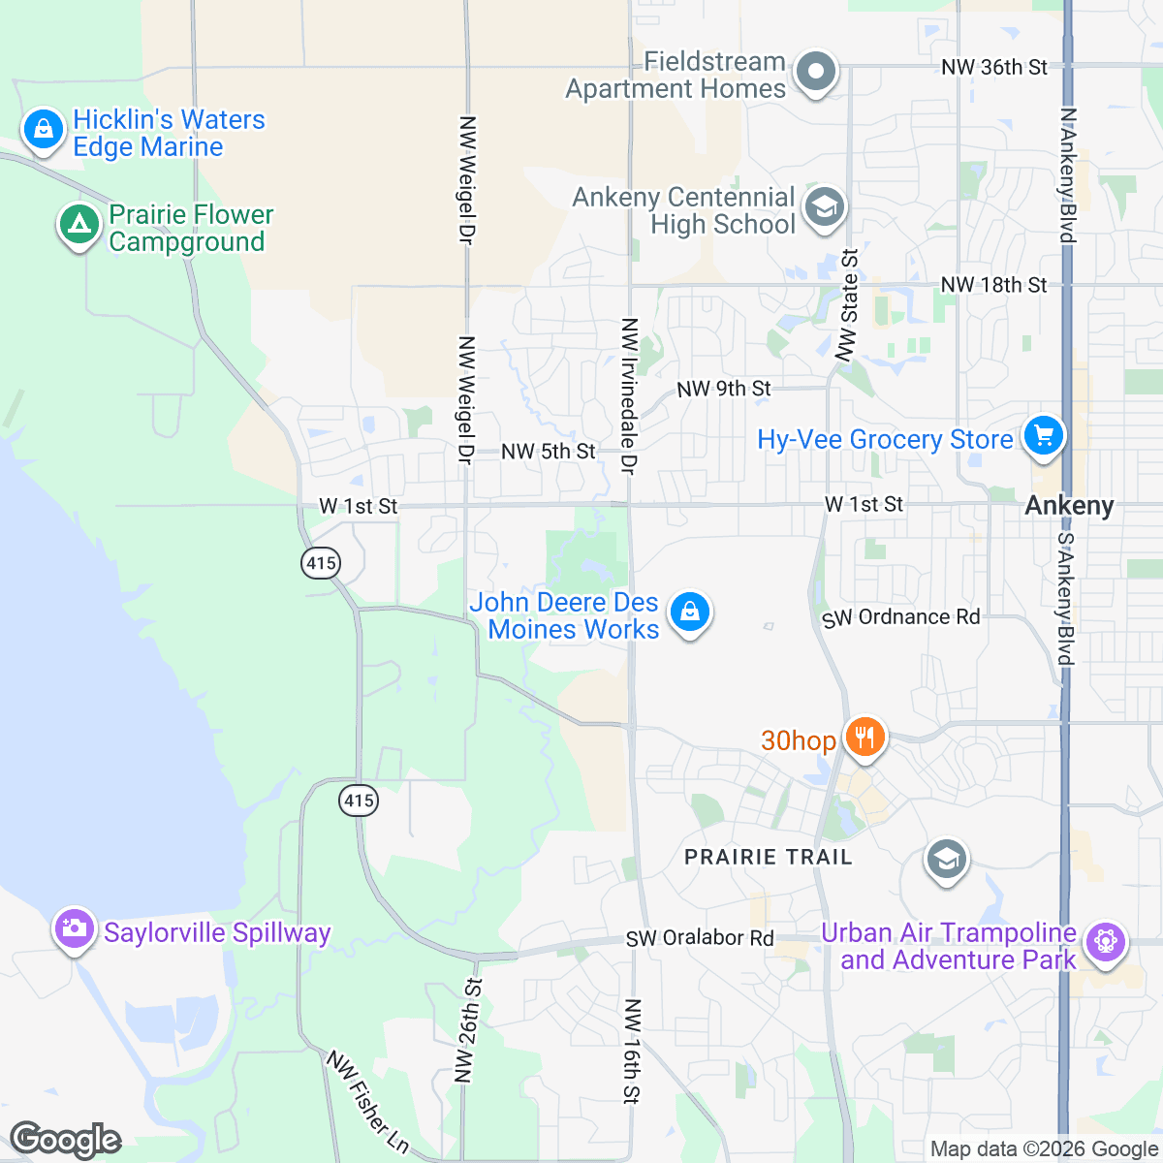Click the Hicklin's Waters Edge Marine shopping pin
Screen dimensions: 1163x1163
[43, 129]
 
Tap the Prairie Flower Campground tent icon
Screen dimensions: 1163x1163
[79, 225]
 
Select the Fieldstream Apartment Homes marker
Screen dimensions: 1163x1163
[816, 72]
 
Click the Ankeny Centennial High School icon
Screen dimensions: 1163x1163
[825, 206]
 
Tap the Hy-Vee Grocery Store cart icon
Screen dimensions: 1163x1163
[1043, 435]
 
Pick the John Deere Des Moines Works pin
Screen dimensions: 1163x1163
[689, 613]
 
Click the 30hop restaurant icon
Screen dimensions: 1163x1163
[864, 738]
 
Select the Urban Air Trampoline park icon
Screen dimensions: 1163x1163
[1105, 940]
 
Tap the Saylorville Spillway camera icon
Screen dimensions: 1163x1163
[74, 928]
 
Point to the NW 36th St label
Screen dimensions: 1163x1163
[994, 67]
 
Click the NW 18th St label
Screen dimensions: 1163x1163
[993, 285]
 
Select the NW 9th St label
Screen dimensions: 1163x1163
[723, 389]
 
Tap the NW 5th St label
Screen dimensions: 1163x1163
[549, 452]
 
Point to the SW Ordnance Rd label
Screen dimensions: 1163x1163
[900, 617]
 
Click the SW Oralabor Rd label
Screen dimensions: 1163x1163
[700, 938]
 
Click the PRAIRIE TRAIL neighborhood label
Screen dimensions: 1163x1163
[769, 857]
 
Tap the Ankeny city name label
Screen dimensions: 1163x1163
[1069, 506]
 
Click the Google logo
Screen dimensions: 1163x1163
[65, 1140]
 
